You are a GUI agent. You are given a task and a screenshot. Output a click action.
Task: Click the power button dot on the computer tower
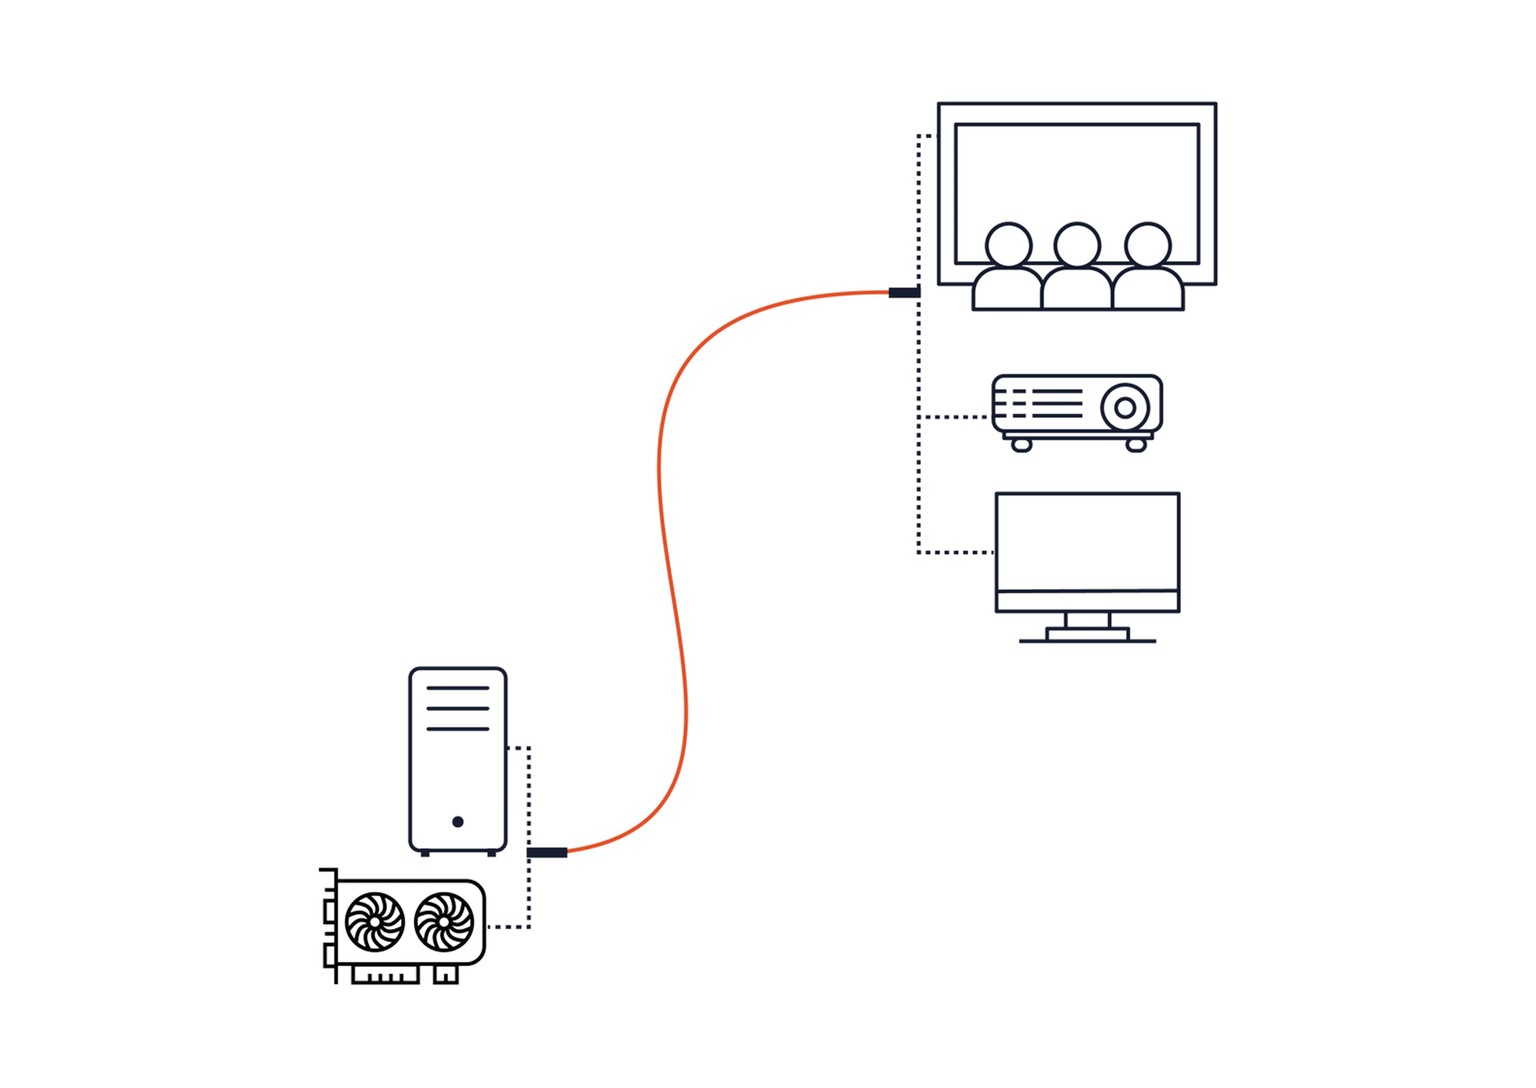point(458,821)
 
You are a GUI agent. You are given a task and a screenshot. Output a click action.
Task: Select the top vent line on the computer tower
point(458,688)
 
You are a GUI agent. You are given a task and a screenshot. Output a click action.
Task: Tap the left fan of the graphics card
point(374,922)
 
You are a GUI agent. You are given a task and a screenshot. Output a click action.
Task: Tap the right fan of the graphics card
point(444,922)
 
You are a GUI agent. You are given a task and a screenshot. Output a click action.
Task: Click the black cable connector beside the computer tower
point(547,853)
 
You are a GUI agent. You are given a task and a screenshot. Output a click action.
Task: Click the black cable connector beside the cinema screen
point(904,292)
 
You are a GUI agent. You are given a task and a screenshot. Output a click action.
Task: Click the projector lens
point(1125,407)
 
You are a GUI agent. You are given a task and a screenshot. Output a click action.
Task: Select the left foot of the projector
point(1021,445)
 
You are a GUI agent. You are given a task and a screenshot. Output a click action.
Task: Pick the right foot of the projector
point(1136,445)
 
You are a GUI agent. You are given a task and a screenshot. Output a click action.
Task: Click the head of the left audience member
point(1009,244)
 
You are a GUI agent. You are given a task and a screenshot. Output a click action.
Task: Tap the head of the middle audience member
point(1077,244)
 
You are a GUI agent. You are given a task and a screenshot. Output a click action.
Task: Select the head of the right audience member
point(1148,244)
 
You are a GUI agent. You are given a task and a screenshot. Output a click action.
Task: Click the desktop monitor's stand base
point(1087,634)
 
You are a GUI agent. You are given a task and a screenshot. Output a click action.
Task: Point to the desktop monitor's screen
point(1087,541)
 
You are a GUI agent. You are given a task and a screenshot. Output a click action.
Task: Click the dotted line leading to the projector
point(954,417)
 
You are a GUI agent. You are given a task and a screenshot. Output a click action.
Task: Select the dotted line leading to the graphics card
point(509,927)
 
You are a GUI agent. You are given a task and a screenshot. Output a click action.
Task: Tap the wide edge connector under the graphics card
point(385,975)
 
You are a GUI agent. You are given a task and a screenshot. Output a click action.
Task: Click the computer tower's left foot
point(425,854)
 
